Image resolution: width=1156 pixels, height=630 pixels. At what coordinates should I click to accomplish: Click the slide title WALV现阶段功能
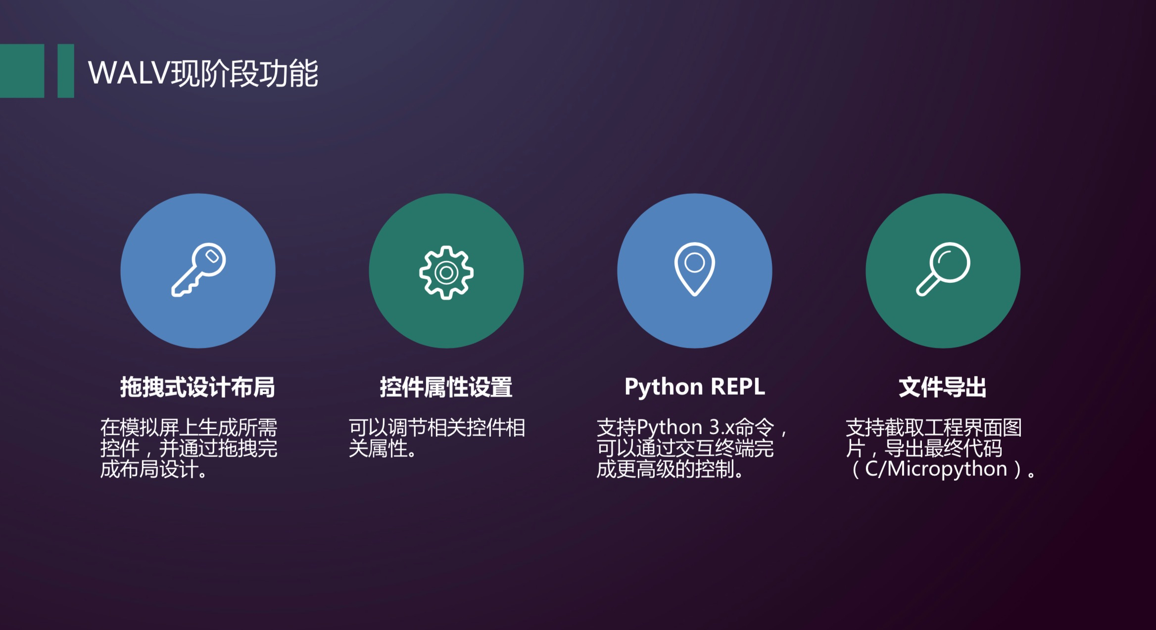pyautogui.click(x=203, y=73)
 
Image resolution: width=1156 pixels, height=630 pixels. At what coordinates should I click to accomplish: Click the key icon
pyautogui.click(x=198, y=270)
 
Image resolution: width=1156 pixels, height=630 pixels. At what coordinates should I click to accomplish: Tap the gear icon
pyautogui.click(x=446, y=272)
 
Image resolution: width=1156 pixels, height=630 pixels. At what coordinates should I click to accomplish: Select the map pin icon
pyautogui.click(x=694, y=269)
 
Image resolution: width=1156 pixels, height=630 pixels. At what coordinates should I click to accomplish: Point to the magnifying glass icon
pyautogui.click(x=943, y=269)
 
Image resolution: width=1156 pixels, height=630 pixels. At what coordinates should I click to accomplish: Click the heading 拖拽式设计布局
pyautogui.click(x=197, y=387)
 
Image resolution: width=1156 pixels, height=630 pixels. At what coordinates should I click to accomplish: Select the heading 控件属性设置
pyautogui.click(x=446, y=387)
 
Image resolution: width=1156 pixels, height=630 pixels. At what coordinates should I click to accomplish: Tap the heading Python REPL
pyautogui.click(x=694, y=387)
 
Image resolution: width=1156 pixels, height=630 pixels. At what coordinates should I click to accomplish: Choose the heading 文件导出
pyautogui.click(x=942, y=387)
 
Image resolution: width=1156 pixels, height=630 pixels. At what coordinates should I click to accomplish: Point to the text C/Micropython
pyautogui.click(x=936, y=469)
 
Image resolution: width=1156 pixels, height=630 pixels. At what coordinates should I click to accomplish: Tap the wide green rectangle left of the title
pyautogui.click(x=22, y=71)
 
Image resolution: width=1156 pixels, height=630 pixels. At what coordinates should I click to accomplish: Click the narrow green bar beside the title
pyautogui.click(x=66, y=71)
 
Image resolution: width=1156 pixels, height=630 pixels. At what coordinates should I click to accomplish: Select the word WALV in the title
pyautogui.click(x=129, y=73)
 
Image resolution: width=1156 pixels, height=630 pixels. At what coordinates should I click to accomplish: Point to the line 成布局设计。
pyautogui.click(x=154, y=469)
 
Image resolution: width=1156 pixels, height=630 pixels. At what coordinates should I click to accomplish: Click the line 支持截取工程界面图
pyautogui.click(x=933, y=427)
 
